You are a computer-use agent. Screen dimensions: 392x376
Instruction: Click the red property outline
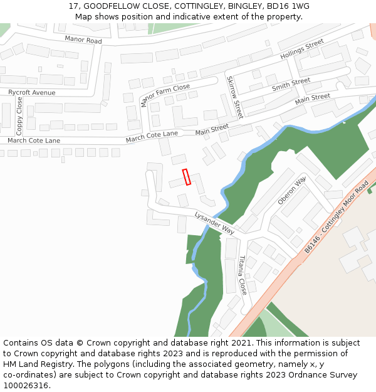pyautogui.click(x=186, y=177)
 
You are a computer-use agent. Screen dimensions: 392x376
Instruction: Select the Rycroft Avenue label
pyautogui.click(x=31, y=93)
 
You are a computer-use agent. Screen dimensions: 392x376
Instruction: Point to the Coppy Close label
pyautogui.click(x=19, y=116)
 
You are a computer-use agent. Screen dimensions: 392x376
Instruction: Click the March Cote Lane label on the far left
pyautogui.click(x=34, y=140)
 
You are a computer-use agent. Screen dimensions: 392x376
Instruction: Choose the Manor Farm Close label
pyautogui.click(x=165, y=95)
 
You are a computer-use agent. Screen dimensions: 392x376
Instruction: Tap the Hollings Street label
pyautogui.click(x=302, y=49)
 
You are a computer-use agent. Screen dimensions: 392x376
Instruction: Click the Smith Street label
pyautogui.click(x=291, y=85)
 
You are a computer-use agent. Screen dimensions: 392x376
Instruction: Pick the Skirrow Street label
pyautogui.click(x=234, y=97)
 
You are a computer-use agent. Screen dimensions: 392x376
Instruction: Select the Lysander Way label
pyautogui.click(x=214, y=223)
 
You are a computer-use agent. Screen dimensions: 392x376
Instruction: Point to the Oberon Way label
pyautogui.click(x=291, y=191)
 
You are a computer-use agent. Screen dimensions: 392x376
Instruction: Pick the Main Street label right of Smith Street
pyautogui.click(x=312, y=98)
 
